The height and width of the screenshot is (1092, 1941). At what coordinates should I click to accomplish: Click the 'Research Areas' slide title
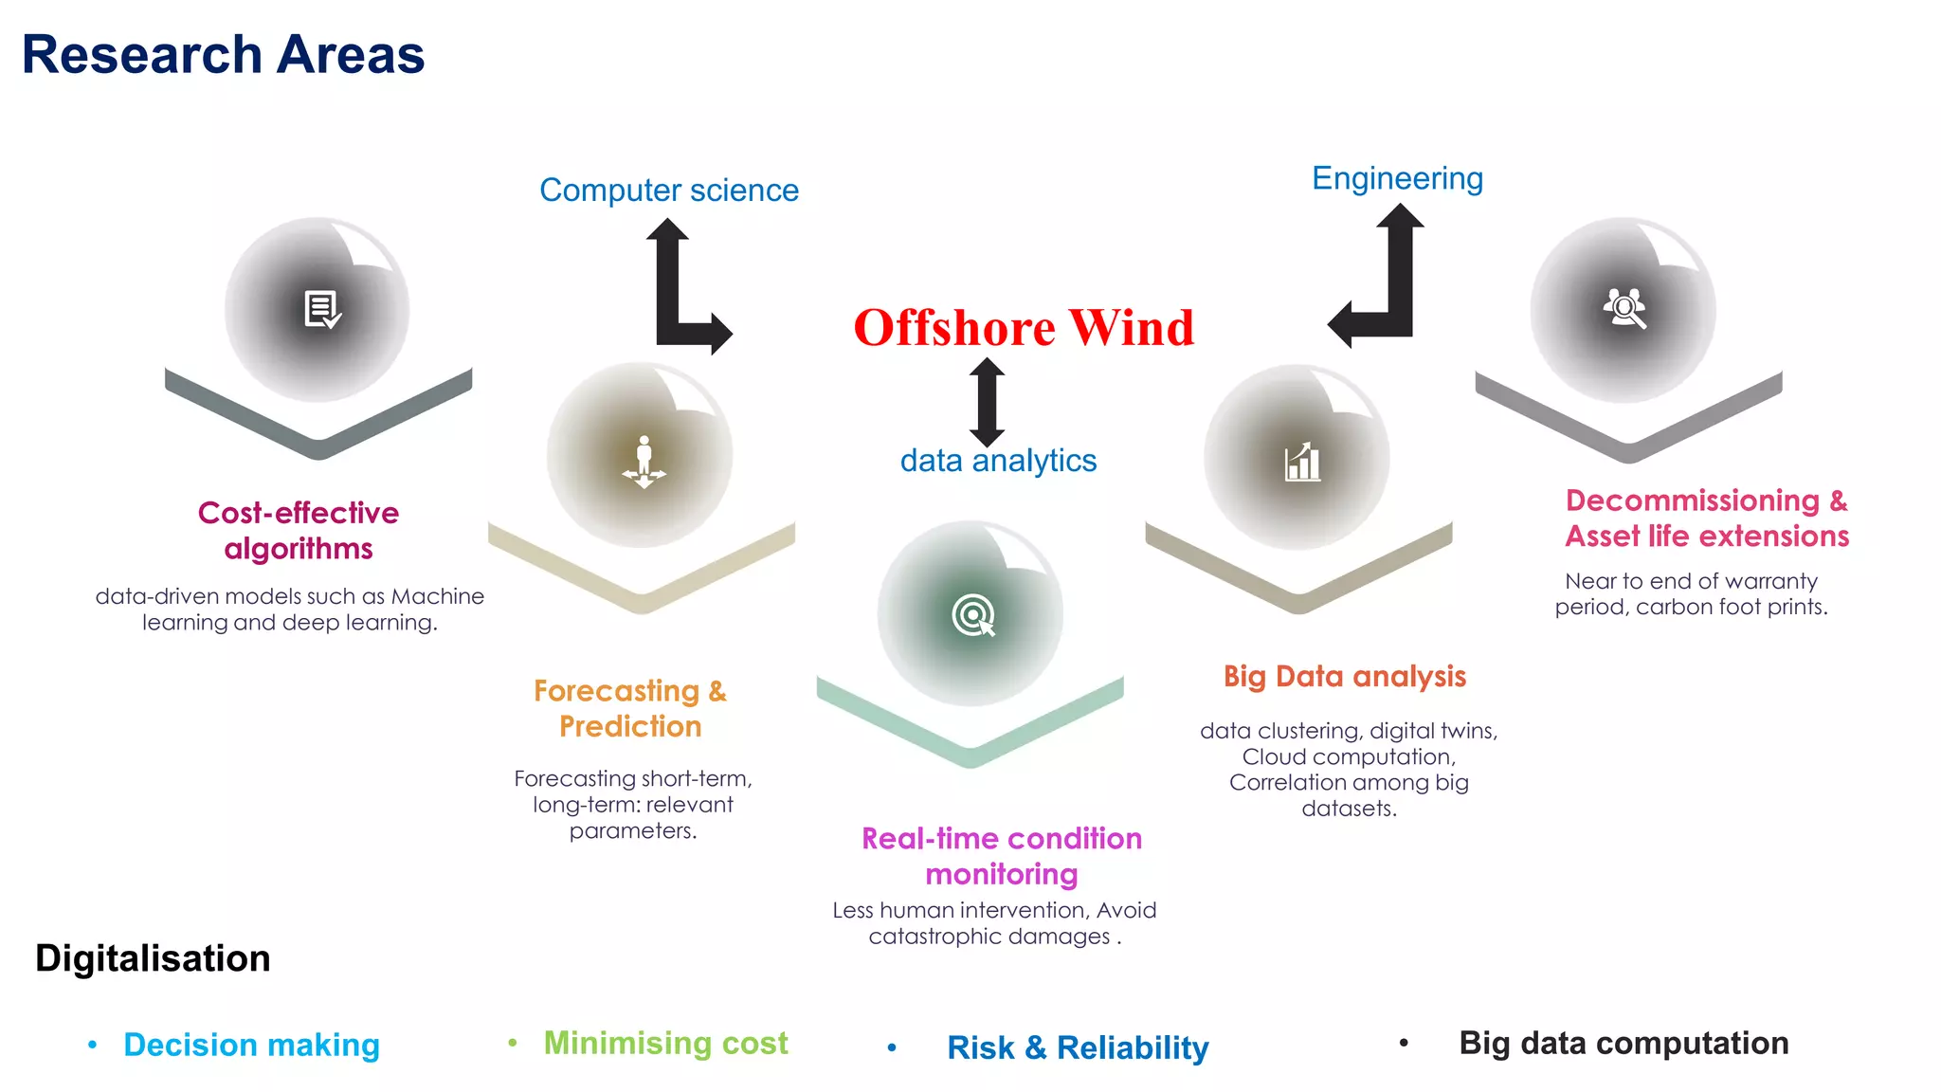pyautogui.click(x=223, y=54)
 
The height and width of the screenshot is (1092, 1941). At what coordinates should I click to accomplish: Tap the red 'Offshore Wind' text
pyautogui.click(x=1024, y=328)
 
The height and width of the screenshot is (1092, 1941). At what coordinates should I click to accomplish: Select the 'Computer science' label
pyautogui.click(x=669, y=191)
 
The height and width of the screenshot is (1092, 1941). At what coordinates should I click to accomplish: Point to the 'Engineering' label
pyautogui.click(x=1397, y=178)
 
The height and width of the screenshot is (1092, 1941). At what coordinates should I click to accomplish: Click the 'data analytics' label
pyautogui.click(x=998, y=461)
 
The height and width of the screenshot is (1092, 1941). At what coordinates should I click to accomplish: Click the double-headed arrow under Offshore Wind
pyautogui.click(x=987, y=402)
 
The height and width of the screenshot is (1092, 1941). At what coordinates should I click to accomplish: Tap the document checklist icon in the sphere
pyautogui.click(x=322, y=309)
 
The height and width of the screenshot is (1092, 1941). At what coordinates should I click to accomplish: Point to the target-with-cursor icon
pyautogui.click(x=973, y=615)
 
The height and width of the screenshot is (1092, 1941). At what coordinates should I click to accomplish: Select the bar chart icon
pyautogui.click(x=1302, y=462)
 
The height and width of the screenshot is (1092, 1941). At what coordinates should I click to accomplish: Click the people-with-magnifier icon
pyautogui.click(x=1624, y=308)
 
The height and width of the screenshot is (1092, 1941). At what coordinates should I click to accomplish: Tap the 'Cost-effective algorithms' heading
pyautogui.click(x=299, y=531)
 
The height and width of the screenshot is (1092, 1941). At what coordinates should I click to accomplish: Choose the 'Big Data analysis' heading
pyautogui.click(x=1344, y=677)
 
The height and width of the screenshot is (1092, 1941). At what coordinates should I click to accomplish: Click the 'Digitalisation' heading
pyautogui.click(x=153, y=958)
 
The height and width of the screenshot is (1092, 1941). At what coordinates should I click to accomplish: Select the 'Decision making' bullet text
pyautogui.click(x=251, y=1045)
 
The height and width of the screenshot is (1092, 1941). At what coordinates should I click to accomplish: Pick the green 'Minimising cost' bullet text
pyautogui.click(x=665, y=1043)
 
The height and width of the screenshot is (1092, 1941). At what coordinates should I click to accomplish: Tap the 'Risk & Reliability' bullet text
pyautogui.click(x=1078, y=1047)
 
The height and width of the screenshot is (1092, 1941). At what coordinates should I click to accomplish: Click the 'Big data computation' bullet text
pyautogui.click(x=1624, y=1043)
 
